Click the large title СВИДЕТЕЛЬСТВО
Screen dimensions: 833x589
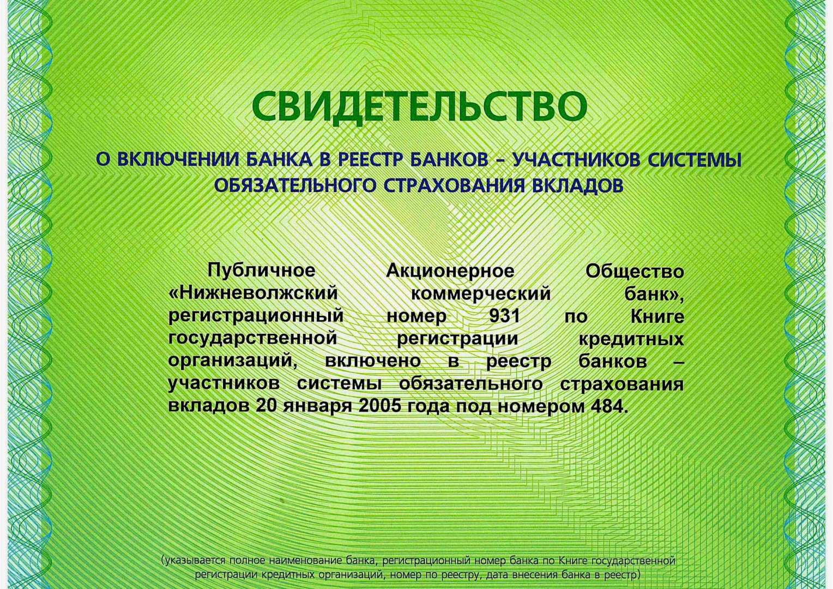(419, 106)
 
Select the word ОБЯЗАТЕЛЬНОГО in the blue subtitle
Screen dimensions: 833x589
(295, 185)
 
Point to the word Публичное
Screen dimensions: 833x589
(261, 271)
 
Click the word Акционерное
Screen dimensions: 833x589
(450, 271)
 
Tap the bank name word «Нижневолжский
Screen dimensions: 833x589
(253, 293)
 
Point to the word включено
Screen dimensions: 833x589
(373, 361)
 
